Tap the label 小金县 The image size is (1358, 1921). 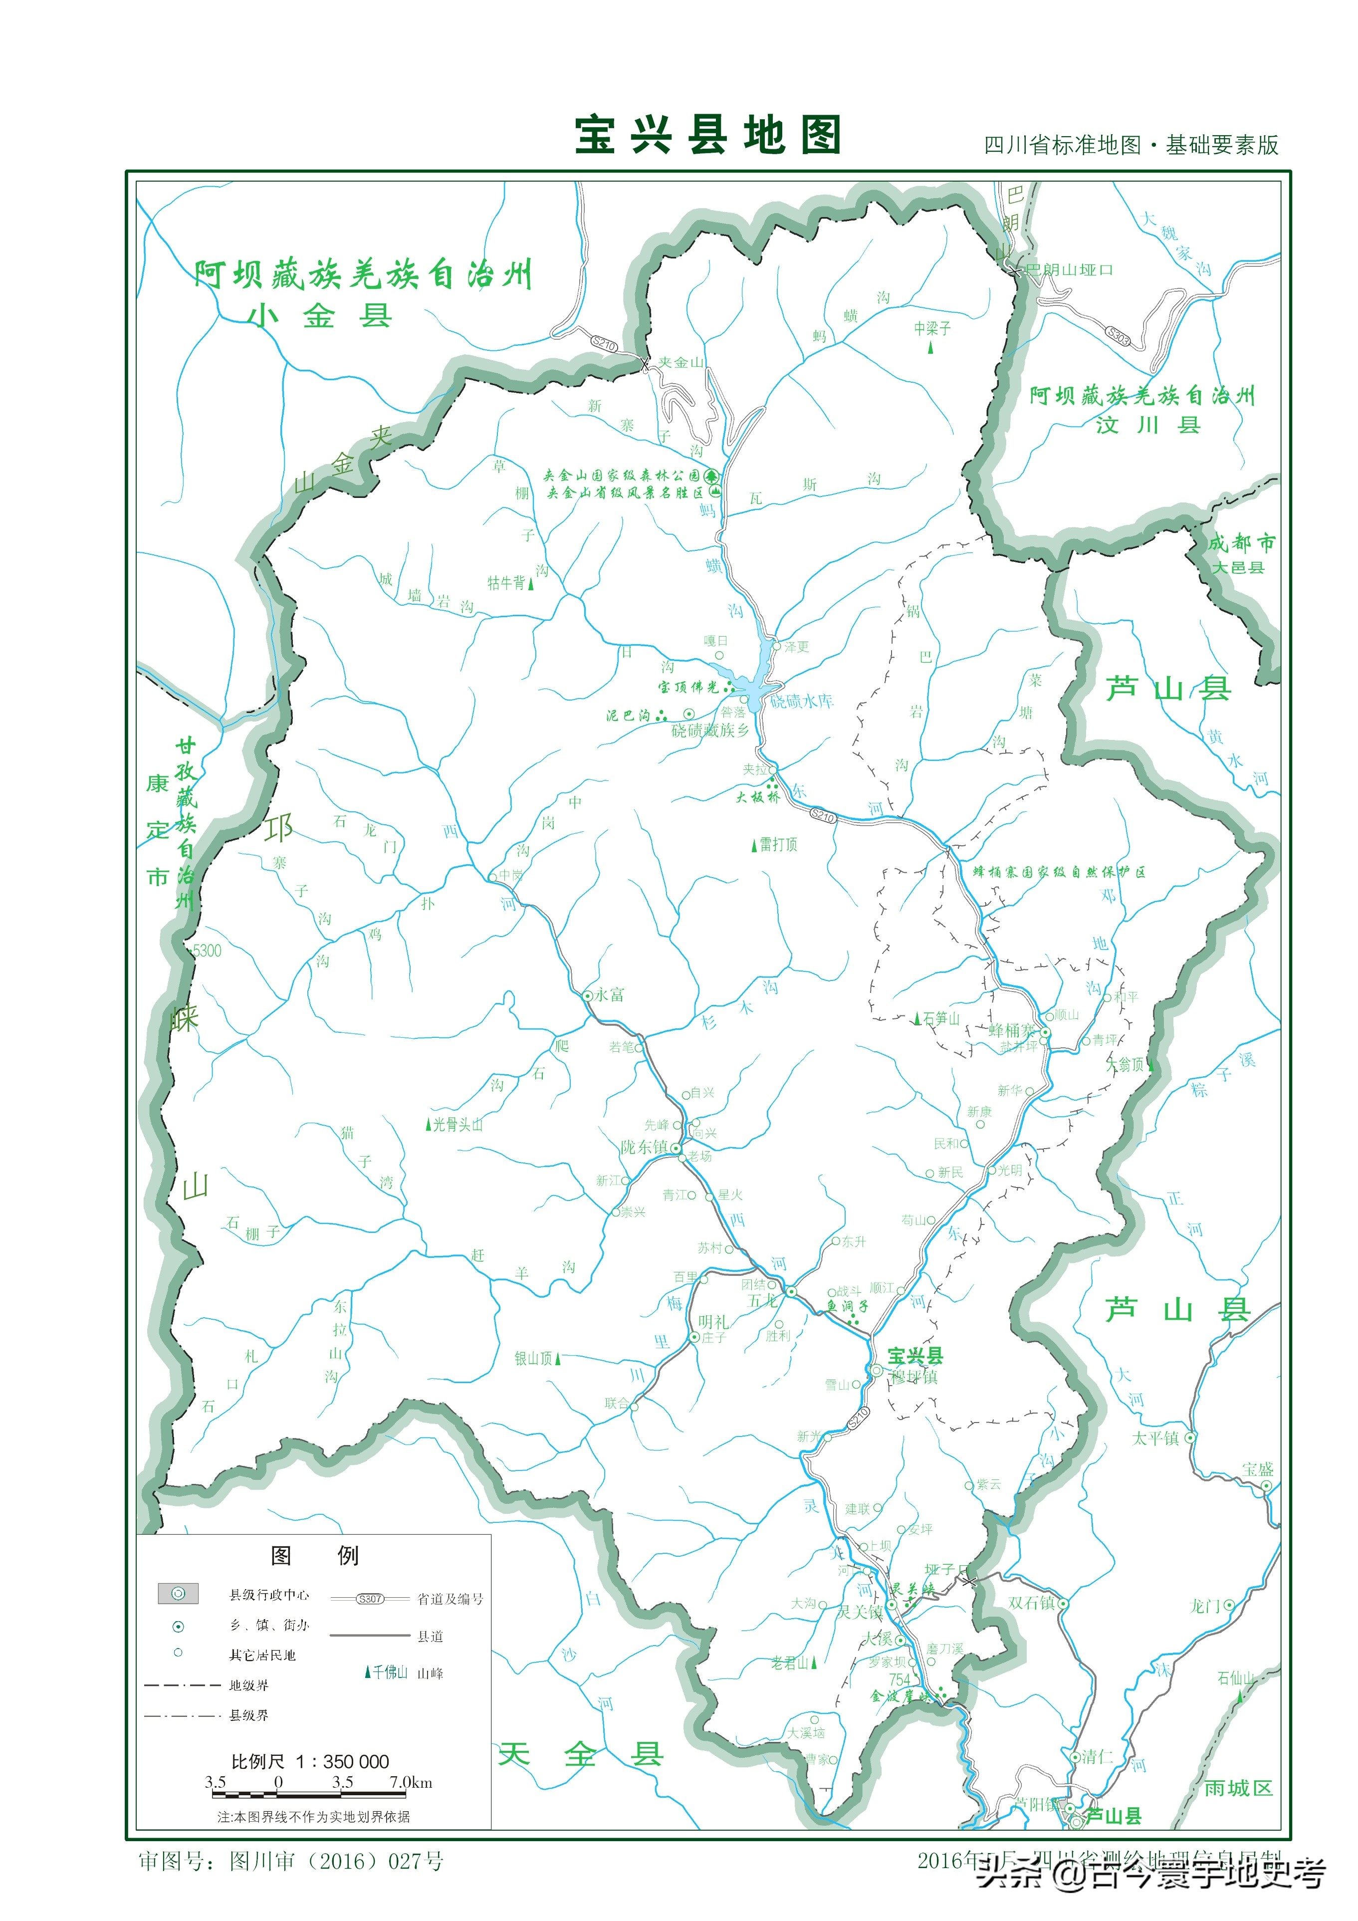tap(320, 315)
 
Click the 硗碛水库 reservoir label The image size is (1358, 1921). tap(802, 701)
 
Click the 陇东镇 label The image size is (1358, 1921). tap(644, 1147)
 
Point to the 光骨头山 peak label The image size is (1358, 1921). tap(457, 1125)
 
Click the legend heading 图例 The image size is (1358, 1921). tap(314, 1555)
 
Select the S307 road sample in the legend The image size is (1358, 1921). tap(370, 1599)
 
